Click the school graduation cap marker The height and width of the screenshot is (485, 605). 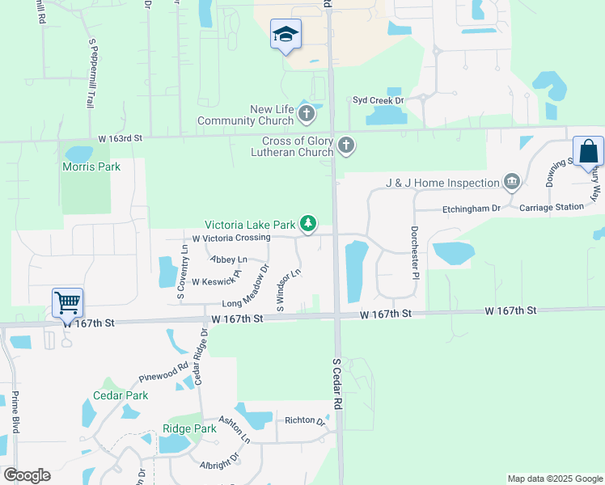(285, 35)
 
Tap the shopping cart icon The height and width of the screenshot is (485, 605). (68, 303)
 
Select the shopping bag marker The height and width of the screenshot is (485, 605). (588, 151)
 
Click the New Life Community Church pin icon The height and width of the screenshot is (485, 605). (306, 114)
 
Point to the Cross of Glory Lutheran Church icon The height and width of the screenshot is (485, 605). (346, 145)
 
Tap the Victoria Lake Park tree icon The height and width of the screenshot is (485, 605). (307, 223)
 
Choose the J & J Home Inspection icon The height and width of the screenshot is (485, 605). (511, 182)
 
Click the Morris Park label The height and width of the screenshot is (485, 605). (91, 167)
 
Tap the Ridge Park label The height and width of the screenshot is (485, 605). (189, 428)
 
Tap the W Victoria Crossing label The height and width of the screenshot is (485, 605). (231, 238)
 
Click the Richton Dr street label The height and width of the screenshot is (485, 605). (304, 420)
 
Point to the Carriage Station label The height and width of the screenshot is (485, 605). (552, 207)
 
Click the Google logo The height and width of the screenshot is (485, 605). (27, 475)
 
